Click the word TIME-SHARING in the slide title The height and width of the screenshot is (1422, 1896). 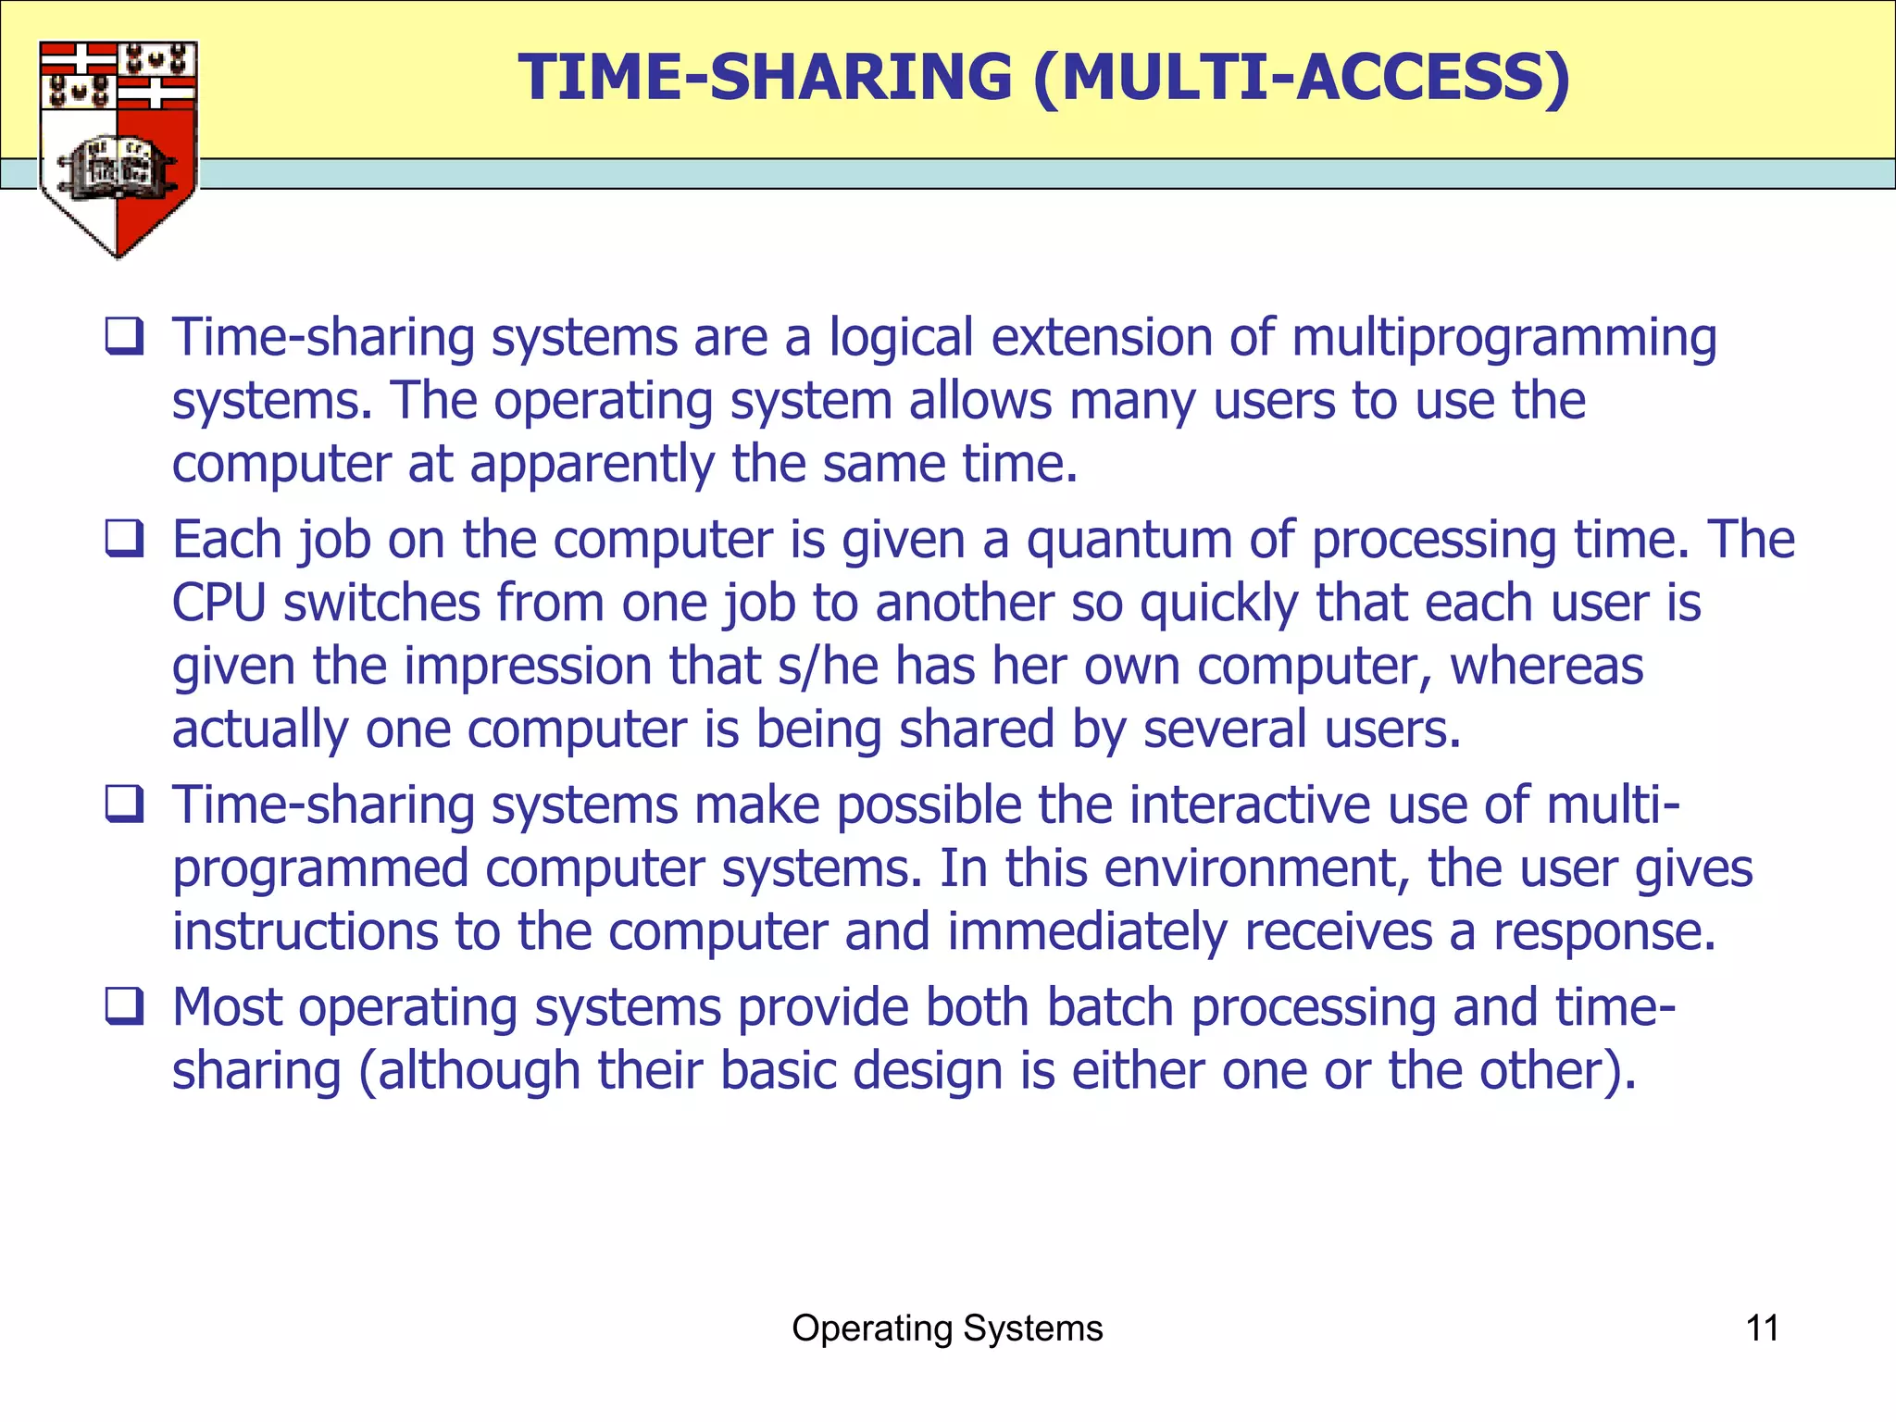click(765, 77)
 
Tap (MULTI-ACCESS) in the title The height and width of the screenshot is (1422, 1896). click(1301, 77)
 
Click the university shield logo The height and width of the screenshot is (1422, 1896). click(118, 148)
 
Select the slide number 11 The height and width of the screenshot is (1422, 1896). click(1762, 1328)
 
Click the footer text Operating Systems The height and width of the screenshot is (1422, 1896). click(947, 1328)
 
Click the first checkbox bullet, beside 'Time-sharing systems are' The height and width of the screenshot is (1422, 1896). click(124, 337)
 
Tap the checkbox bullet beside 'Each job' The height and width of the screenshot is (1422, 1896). click(124, 539)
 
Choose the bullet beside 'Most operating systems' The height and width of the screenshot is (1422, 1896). click(124, 1006)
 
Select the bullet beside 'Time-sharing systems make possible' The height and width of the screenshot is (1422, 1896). click(124, 805)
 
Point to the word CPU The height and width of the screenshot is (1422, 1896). click(219, 604)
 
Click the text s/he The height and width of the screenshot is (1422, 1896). click(828, 667)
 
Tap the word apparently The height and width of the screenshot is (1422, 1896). click(592, 464)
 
